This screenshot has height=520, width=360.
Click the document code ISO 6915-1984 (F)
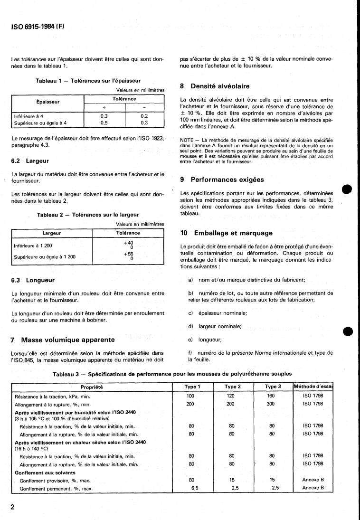pyautogui.click(x=37, y=27)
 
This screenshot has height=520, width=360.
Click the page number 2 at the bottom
pyautogui.click(x=13, y=507)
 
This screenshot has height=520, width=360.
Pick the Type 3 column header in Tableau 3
pyautogui.click(x=272, y=387)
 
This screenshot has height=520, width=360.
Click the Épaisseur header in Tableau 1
pyautogui.click(x=47, y=102)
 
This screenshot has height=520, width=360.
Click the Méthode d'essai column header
pyautogui.click(x=313, y=387)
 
